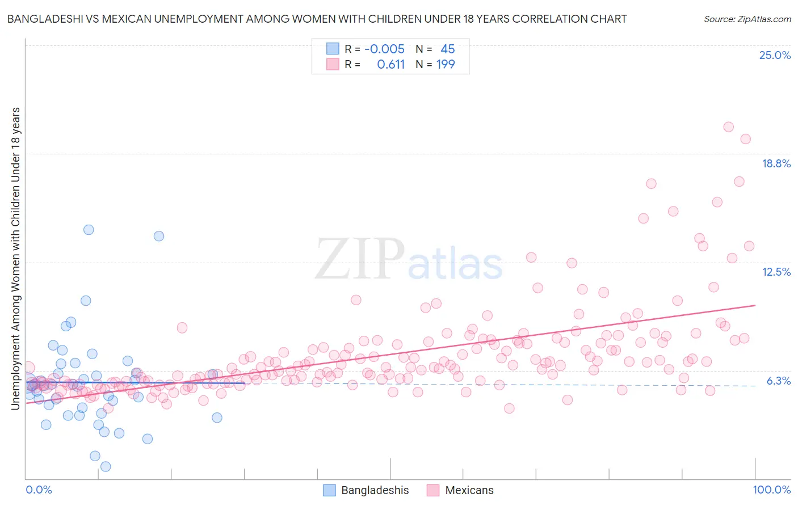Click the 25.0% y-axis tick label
[x=775, y=55]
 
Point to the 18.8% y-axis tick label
[x=776, y=163]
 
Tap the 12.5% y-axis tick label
[x=776, y=272]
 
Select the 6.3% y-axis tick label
[x=778, y=381]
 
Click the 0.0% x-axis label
[x=39, y=490]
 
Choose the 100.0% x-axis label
[x=771, y=490]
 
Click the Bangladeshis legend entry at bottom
[x=366, y=490]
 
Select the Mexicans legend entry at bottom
[x=460, y=490]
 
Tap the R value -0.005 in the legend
[x=384, y=49]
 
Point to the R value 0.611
[x=390, y=64]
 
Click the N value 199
[x=446, y=64]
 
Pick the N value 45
[x=447, y=49]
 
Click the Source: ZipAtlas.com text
[x=747, y=19]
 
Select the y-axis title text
[x=15, y=258]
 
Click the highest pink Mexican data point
[x=728, y=127]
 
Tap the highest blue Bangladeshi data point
[x=89, y=230]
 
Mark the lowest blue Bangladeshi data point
[x=106, y=466]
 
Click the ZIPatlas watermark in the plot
[x=409, y=260]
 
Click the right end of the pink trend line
[x=755, y=305]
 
